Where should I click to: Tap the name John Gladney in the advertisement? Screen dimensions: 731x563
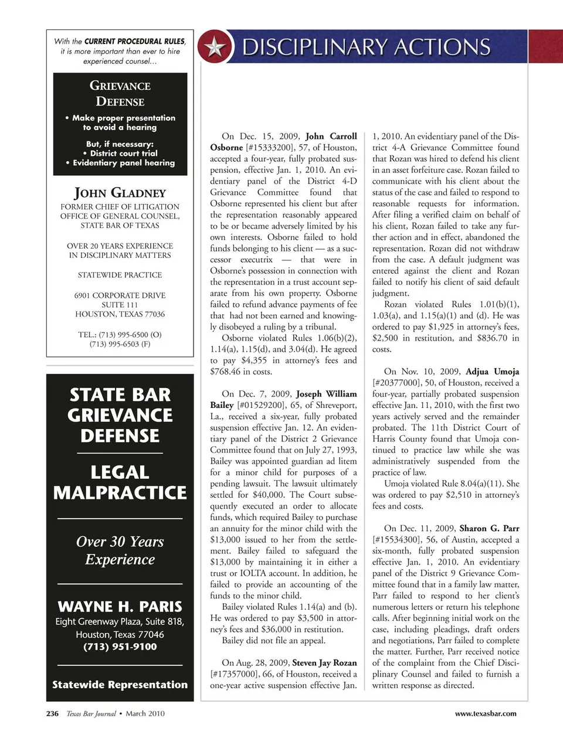pos(120,193)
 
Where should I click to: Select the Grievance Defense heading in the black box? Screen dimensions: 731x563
pos(120,93)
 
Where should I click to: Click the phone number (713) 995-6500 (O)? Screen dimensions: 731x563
pos(120,335)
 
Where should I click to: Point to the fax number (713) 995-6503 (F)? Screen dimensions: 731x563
pos(120,344)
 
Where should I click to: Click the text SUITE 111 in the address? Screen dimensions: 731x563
pos(120,305)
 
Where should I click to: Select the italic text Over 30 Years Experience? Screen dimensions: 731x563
pos(120,550)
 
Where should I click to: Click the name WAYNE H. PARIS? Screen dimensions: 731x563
pos(120,607)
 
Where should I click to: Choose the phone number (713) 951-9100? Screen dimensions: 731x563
pos(120,647)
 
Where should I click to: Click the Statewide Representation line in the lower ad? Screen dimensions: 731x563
pos(120,685)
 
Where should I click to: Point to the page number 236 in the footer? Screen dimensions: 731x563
pos(52,713)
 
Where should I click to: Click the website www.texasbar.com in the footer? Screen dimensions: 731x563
pos(486,713)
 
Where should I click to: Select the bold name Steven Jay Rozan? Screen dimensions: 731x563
pos(324,663)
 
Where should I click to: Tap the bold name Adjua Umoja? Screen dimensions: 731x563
pos(493,372)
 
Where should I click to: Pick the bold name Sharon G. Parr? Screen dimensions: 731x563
pos(489,528)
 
